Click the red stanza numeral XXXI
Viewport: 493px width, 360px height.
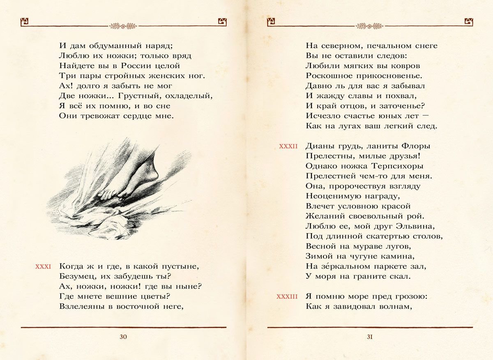[x=43, y=267]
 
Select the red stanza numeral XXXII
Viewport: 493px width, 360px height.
[x=288, y=146]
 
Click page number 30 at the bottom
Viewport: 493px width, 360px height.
[x=123, y=337]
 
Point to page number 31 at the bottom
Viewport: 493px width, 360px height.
[x=369, y=337]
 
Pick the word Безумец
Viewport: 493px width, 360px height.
[x=77, y=276]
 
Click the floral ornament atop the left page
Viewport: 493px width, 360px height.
[x=123, y=26]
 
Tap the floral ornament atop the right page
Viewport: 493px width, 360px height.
[x=370, y=26]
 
